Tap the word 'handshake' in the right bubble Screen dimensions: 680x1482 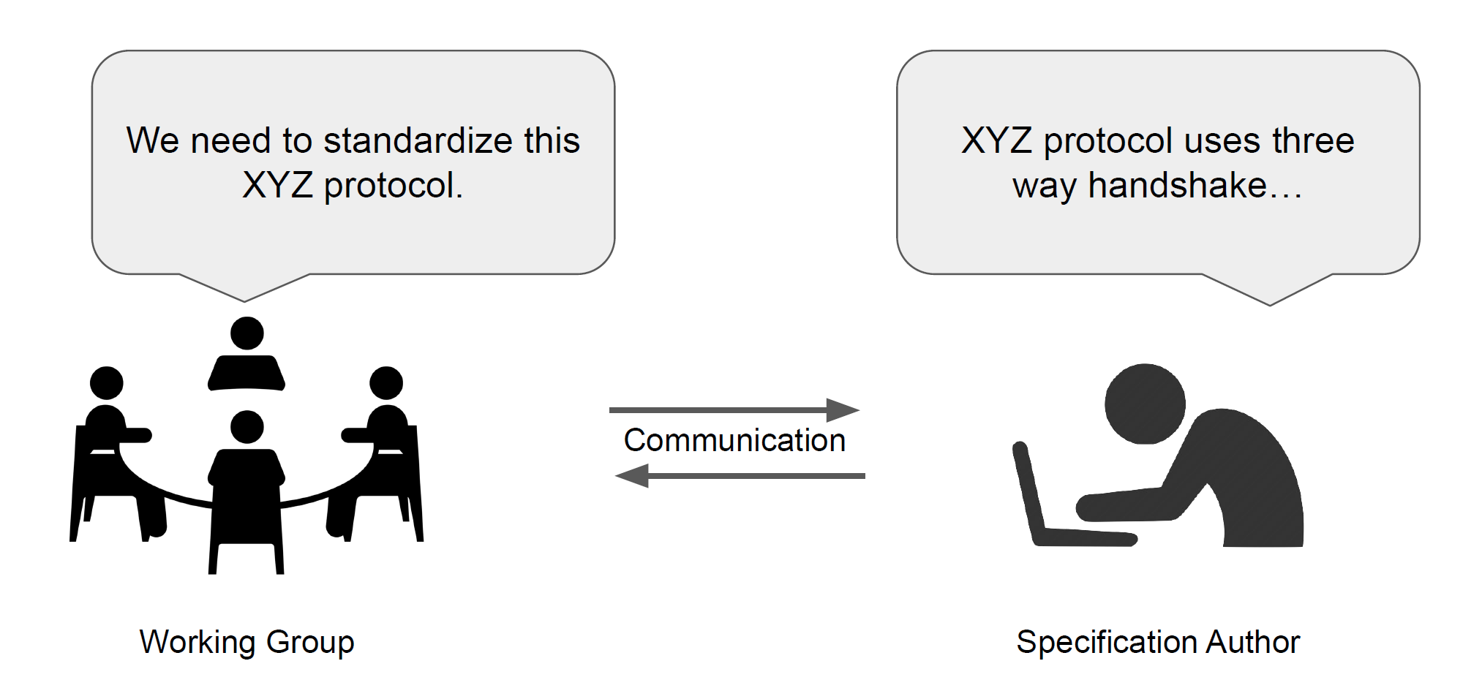pyautogui.click(x=1177, y=185)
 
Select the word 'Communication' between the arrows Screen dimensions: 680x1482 pyautogui.click(x=734, y=440)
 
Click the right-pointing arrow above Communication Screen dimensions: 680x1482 pyautogui.click(x=734, y=410)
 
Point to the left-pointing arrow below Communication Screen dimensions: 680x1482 pyautogui.click(x=740, y=476)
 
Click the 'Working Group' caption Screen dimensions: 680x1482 pyautogui.click(x=247, y=642)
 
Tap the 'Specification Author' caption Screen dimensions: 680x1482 pyautogui.click(x=1158, y=642)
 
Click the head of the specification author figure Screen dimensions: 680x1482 pyautogui.click(x=1144, y=404)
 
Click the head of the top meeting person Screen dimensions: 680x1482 pyautogui.click(x=247, y=333)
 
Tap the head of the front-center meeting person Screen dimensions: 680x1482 pyautogui.click(x=247, y=426)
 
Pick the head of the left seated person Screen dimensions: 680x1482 pyautogui.click(x=107, y=382)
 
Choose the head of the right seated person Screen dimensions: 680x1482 pyautogui.click(x=386, y=382)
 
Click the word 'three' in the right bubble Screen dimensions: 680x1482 pyautogui.click(x=1313, y=140)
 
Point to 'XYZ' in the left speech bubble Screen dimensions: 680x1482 pyautogui.click(x=277, y=185)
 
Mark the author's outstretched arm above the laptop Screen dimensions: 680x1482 pyautogui.click(x=1141, y=505)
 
